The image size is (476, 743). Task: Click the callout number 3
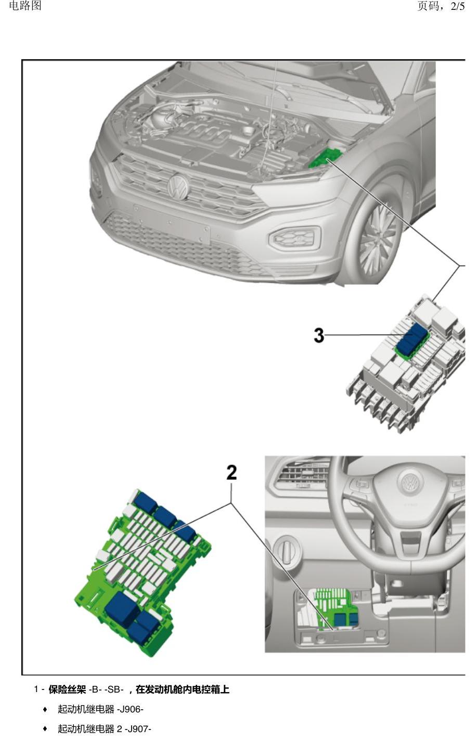(318, 335)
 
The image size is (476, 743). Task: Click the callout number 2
(231, 472)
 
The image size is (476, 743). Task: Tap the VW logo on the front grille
(178, 186)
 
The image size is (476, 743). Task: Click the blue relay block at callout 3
(412, 338)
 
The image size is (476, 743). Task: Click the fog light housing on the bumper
(294, 237)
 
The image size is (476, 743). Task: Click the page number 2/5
(457, 6)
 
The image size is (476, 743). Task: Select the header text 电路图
(25, 6)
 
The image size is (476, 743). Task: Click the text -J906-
(130, 709)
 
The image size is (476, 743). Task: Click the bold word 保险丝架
(67, 689)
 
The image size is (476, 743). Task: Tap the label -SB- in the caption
(114, 689)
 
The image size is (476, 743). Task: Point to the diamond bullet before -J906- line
(45, 710)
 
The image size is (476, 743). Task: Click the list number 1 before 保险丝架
(36, 689)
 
